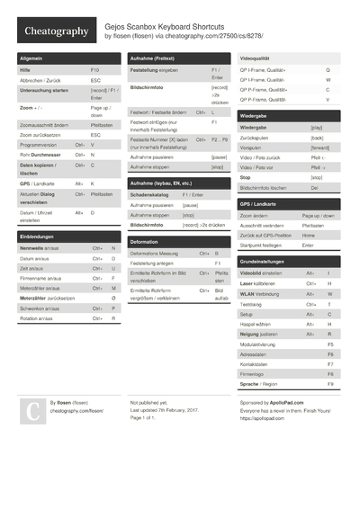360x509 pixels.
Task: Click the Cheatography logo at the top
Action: [55, 31]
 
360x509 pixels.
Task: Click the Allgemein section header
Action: [31, 58]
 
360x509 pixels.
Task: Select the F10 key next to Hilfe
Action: [95, 69]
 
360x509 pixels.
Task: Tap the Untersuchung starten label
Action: [44, 91]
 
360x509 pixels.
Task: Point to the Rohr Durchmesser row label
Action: [40, 155]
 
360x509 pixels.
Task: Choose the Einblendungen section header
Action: [37, 236]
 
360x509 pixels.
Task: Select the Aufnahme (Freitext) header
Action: [153, 58]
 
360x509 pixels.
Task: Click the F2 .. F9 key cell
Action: [220, 140]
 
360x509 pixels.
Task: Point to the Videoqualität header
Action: [259, 58]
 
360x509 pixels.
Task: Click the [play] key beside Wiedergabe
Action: [316, 128]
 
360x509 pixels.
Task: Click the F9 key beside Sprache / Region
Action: [330, 384]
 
